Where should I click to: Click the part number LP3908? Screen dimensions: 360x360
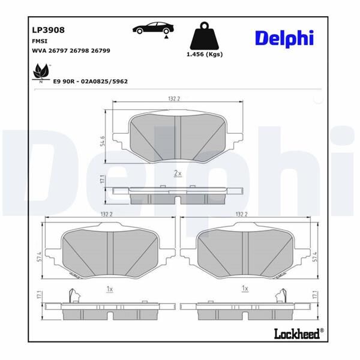[x=44, y=29]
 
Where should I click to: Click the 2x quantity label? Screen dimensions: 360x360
[x=177, y=173]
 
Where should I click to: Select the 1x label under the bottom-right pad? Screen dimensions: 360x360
[x=245, y=289]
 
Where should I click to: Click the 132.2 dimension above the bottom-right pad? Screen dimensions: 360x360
[x=243, y=214]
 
